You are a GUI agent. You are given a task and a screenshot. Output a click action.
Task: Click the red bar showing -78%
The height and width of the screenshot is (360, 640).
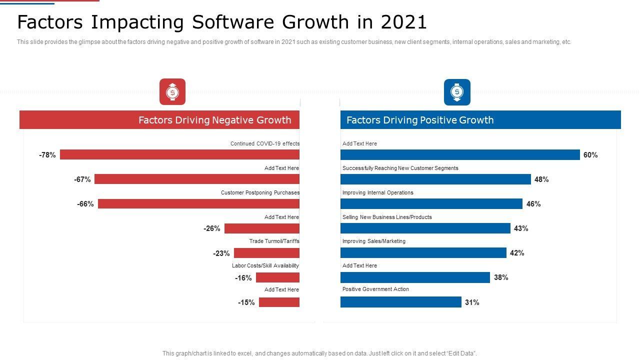click(x=179, y=154)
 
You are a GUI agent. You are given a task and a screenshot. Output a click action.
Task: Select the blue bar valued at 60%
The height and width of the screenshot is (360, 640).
click(x=460, y=155)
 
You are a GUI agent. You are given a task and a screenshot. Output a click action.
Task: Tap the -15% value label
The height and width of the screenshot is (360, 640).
click(x=246, y=302)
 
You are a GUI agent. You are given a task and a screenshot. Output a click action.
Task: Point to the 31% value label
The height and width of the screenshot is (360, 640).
click(x=472, y=302)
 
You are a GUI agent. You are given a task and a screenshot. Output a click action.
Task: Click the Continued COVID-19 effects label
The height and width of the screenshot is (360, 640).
click(x=265, y=143)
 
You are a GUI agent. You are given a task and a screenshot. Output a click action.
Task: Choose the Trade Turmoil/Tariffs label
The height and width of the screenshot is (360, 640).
click(x=274, y=241)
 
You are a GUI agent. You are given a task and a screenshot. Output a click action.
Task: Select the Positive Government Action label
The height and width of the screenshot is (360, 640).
click(x=375, y=289)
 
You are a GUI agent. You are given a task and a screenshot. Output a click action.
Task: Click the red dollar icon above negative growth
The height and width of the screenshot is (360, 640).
click(x=172, y=92)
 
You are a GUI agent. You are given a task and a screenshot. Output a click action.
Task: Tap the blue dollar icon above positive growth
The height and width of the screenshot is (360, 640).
click(x=457, y=92)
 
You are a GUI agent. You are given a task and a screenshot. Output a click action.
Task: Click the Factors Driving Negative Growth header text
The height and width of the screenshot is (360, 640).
click(x=214, y=120)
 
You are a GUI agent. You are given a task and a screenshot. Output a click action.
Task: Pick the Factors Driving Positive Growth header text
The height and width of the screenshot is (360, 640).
click(x=420, y=120)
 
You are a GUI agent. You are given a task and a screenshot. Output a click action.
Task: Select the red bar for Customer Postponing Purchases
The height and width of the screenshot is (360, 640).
click(x=198, y=203)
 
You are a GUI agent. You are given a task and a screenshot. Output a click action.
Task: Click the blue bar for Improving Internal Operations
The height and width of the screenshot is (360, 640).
click(x=431, y=203)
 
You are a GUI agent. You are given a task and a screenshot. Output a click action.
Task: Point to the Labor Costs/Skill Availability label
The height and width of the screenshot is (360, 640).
click(x=265, y=265)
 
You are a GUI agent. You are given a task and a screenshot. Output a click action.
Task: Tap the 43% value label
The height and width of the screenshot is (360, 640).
click(x=521, y=228)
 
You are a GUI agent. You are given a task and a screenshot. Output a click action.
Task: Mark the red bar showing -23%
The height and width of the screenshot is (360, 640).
click(x=266, y=253)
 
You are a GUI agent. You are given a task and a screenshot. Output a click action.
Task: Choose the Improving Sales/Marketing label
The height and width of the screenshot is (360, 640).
click(x=374, y=241)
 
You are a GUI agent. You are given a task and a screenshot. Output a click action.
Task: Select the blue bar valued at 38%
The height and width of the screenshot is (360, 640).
click(x=415, y=277)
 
